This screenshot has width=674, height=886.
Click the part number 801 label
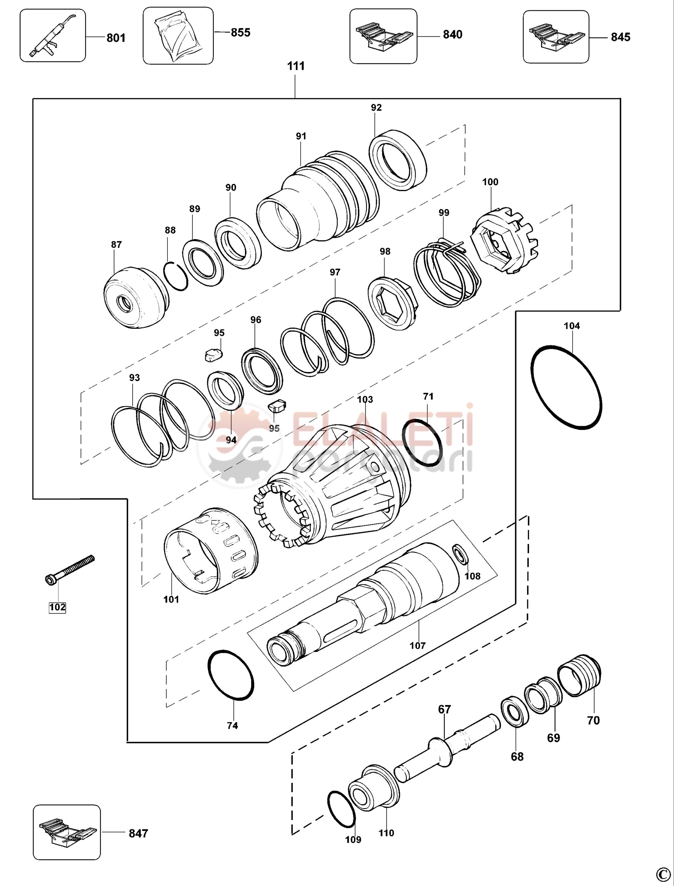116,38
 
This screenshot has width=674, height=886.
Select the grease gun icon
51,35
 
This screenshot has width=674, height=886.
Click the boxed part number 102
57,607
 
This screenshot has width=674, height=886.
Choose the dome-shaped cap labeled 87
136,296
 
